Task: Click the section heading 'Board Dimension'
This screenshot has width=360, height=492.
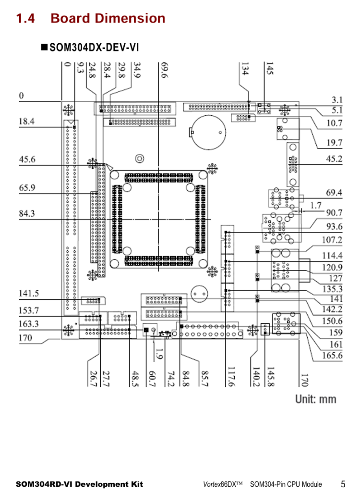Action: click(108, 18)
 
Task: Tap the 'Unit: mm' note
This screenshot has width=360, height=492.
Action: click(315, 399)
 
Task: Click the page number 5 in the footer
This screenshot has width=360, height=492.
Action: click(343, 483)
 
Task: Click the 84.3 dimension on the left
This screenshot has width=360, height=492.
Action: click(26, 213)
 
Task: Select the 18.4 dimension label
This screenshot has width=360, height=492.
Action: click(26, 122)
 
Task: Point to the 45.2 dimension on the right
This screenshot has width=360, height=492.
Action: click(334, 159)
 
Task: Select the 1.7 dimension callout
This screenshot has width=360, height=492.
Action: click(315, 205)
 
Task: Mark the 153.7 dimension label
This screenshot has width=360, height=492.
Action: click(29, 310)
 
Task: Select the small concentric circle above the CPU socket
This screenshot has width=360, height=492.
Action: click(139, 158)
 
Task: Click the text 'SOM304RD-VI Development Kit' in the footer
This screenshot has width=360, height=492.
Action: click(80, 484)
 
